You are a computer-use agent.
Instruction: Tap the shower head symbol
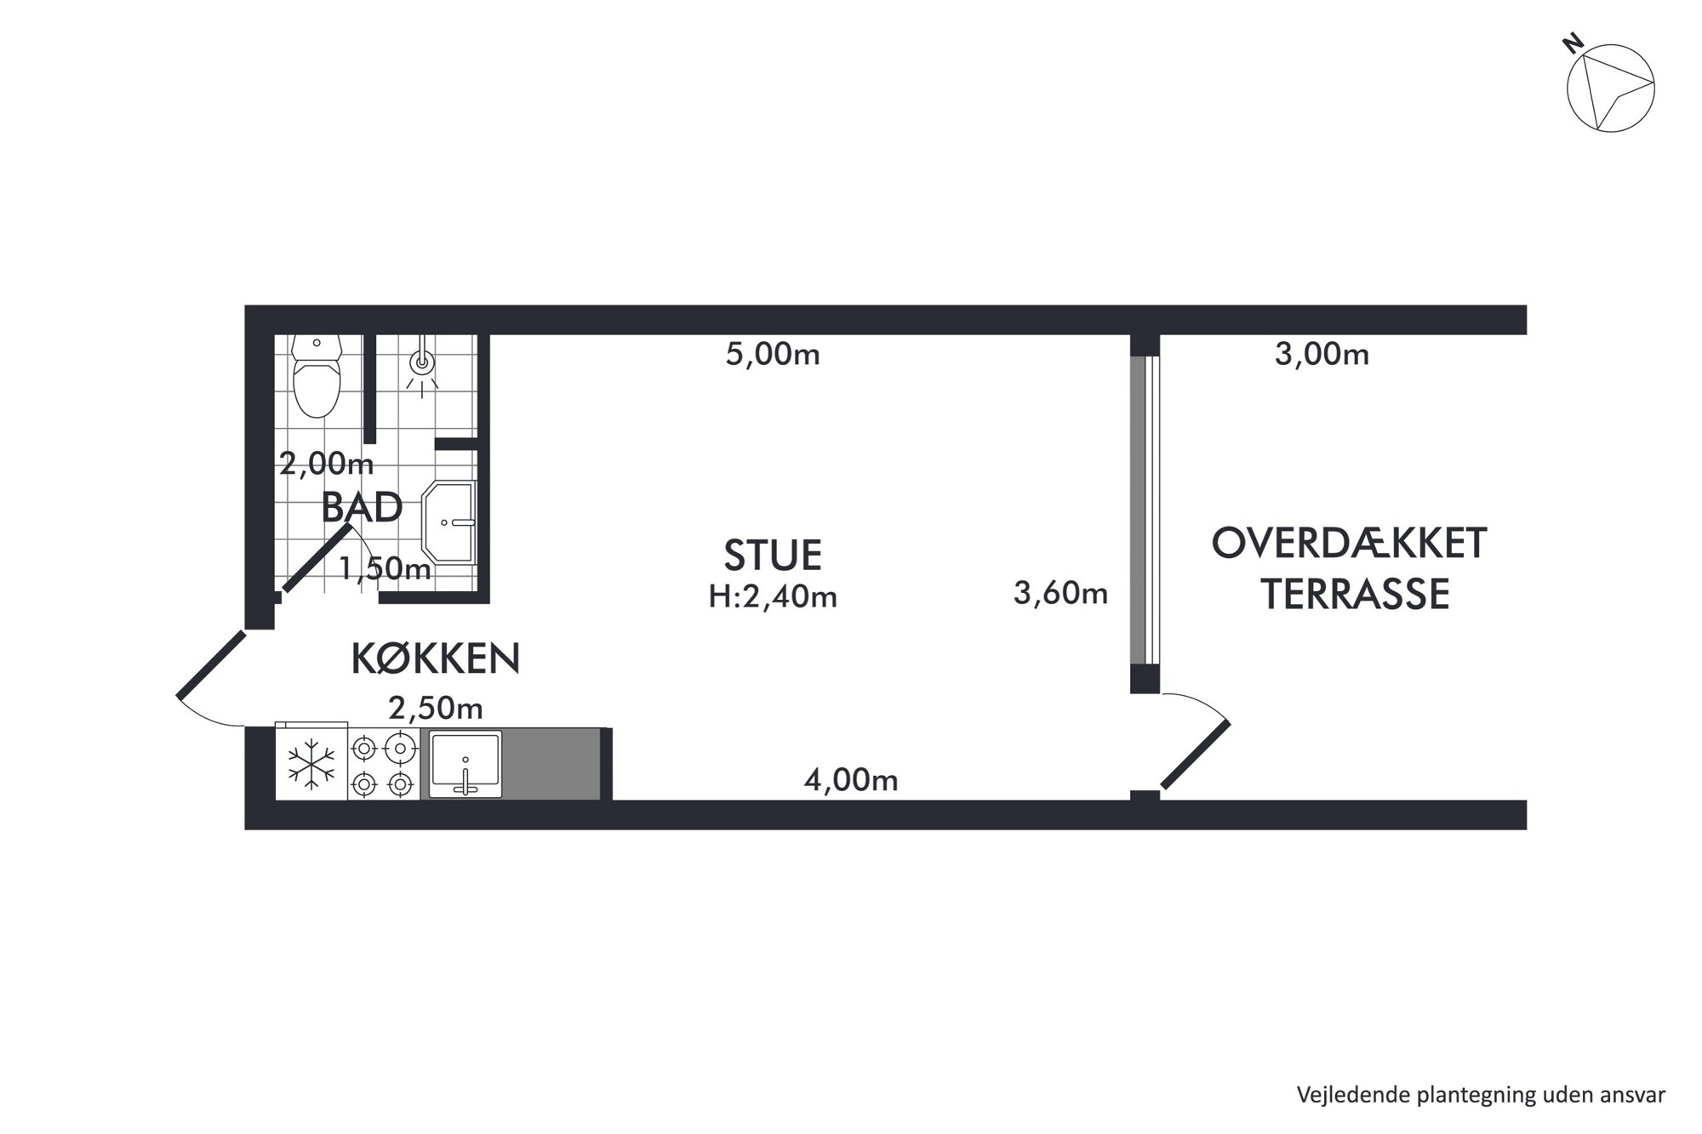pyautogui.click(x=421, y=364)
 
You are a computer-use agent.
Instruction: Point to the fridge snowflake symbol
pyautogui.click(x=311, y=763)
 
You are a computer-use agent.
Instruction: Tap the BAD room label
pyautogui.click(x=362, y=508)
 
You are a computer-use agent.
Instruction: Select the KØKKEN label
pyautogui.click(x=436, y=658)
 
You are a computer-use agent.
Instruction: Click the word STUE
pyautogui.click(x=773, y=555)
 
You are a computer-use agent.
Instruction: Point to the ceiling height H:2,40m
pyautogui.click(x=773, y=597)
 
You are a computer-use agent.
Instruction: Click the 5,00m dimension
pyautogui.click(x=773, y=354)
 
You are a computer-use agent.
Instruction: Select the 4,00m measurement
pyautogui.click(x=851, y=780)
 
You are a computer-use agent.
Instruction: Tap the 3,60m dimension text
pyautogui.click(x=1060, y=592)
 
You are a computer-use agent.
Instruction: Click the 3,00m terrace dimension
pyautogui.click(x=1322, y=354)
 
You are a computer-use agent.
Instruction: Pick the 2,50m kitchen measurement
pyautogui.click(x=436, y=707)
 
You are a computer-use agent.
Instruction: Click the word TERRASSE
pyautogui.click(x=1355, y=595)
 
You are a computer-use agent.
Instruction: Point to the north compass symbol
pyautogui.click(x=1610, y=87)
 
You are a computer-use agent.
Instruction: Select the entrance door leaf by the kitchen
pyautogui.click(x=212, y=665)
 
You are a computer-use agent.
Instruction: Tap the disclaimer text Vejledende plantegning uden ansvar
pyautogui.click(x=1481, y=1094)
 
